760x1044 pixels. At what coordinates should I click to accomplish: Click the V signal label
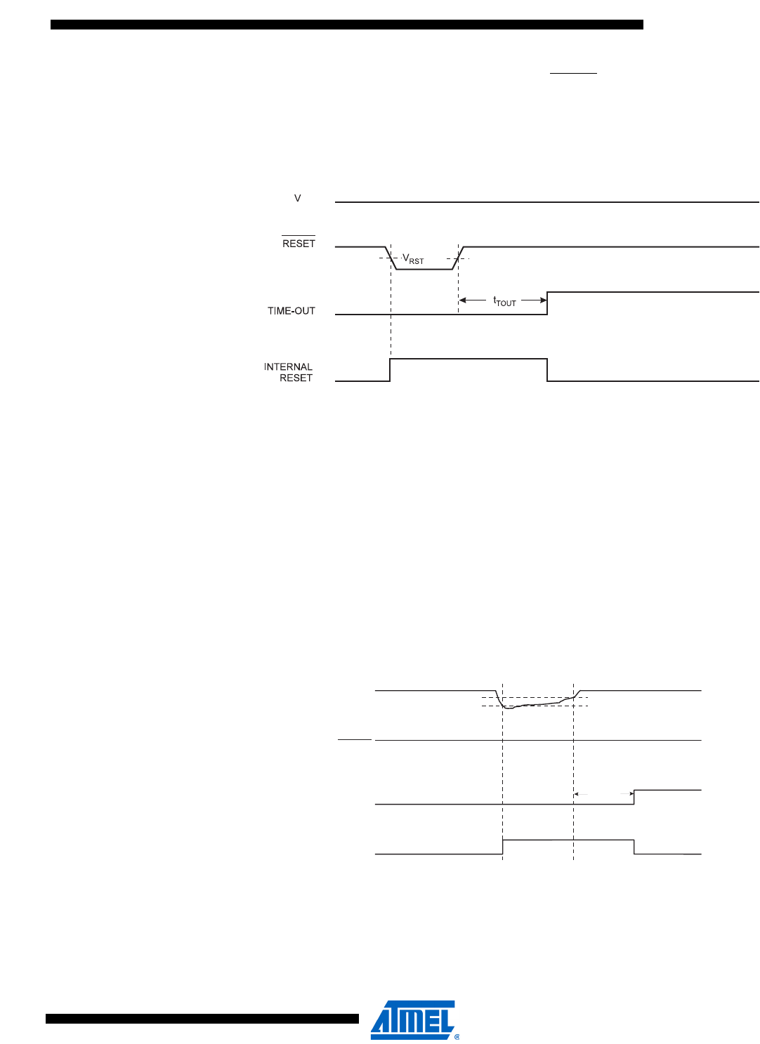(x=298, y=199)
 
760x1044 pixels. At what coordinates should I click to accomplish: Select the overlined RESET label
(x=299, y=243)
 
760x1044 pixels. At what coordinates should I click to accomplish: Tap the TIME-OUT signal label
(x=291, y=311)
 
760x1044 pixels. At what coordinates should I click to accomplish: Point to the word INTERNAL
(x=288, y=366)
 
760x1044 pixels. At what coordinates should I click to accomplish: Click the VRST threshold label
(x=413, y=259)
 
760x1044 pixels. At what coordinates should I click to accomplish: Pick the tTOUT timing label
(x=504, y=301)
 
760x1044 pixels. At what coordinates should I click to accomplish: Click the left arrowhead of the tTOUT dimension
(x=462, y=300)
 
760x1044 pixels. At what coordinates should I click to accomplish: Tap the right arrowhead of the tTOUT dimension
(x=544, y=300)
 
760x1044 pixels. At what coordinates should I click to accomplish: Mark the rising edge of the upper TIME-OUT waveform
(x=547, y=303)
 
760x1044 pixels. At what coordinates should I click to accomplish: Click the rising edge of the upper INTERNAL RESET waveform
(x=390, y=370)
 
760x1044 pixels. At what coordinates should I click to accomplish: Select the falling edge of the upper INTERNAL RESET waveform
(x=547, y=370)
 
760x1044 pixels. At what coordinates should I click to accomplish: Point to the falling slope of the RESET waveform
(x=391, y=258)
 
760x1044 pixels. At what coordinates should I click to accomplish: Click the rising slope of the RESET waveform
(x=458, y=258)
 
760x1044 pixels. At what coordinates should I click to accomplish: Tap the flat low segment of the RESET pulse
(x=424, y=269)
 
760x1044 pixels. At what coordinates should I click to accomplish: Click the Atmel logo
(x=413, y=1019)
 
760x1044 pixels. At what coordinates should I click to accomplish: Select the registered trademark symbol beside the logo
(x=457, y=1036)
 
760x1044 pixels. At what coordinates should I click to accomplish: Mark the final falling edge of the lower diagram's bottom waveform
(x=634, y=847)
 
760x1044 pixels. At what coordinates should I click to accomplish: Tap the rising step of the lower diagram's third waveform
(x=634, y=797)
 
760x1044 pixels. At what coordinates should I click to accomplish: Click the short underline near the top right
(x=573, y=73)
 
